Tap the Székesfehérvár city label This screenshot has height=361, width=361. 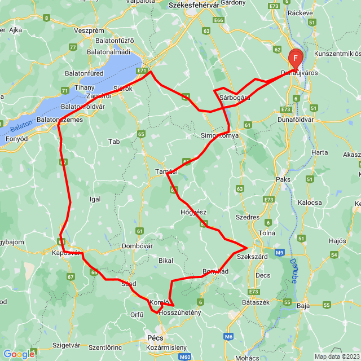[193, 5]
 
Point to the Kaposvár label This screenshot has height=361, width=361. [61, 253]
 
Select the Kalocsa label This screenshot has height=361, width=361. [310, 202]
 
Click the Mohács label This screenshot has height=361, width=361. [247, 358]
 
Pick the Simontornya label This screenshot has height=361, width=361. [220, 136]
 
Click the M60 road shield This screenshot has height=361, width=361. [184, 356]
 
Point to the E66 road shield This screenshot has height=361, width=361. [219, 20]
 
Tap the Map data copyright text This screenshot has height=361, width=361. [336, 356]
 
